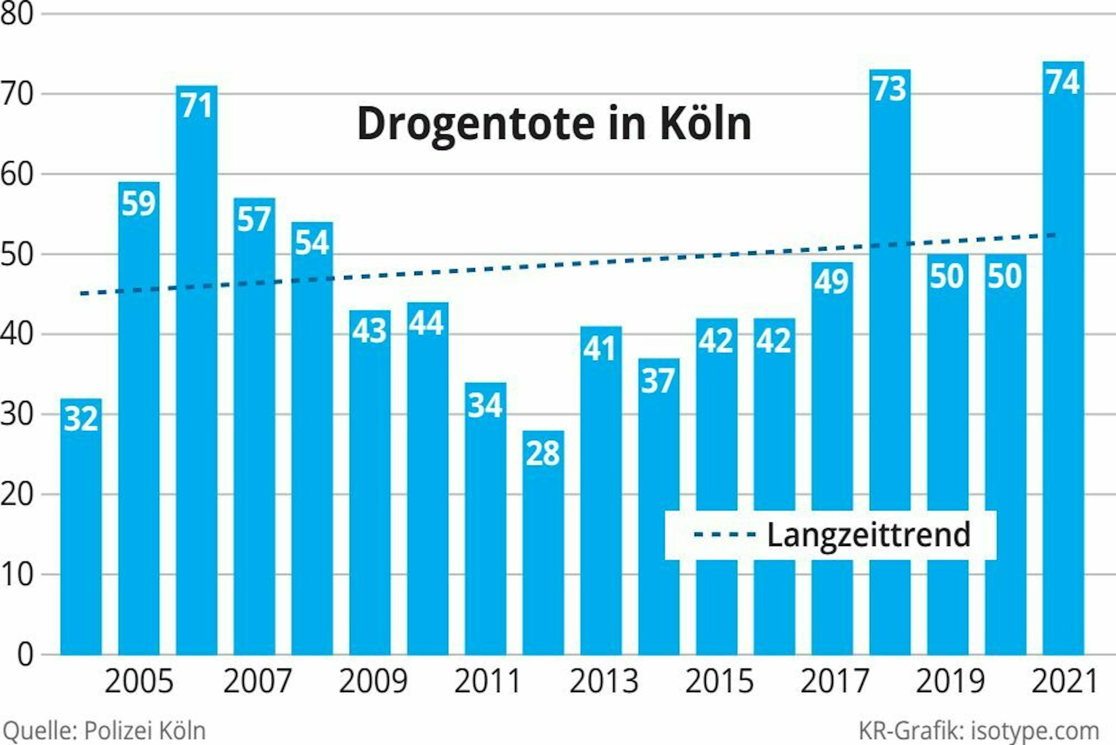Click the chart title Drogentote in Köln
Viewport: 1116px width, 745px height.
point(554,124)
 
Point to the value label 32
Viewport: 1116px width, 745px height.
point(81,418)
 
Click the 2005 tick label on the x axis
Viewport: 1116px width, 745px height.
point(139,681)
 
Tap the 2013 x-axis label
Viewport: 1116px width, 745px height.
point(603,681)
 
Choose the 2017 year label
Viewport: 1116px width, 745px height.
point(834,681)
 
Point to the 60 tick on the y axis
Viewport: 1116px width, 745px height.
point(17,175)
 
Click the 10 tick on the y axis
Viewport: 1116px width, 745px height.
point(17,574)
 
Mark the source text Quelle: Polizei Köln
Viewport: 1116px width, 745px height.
point(104,731)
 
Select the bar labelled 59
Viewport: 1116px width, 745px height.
point(139,418)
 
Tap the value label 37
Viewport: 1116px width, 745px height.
point(658,381)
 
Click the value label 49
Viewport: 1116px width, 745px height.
point(831,281)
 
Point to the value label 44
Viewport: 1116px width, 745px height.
point(427,323)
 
